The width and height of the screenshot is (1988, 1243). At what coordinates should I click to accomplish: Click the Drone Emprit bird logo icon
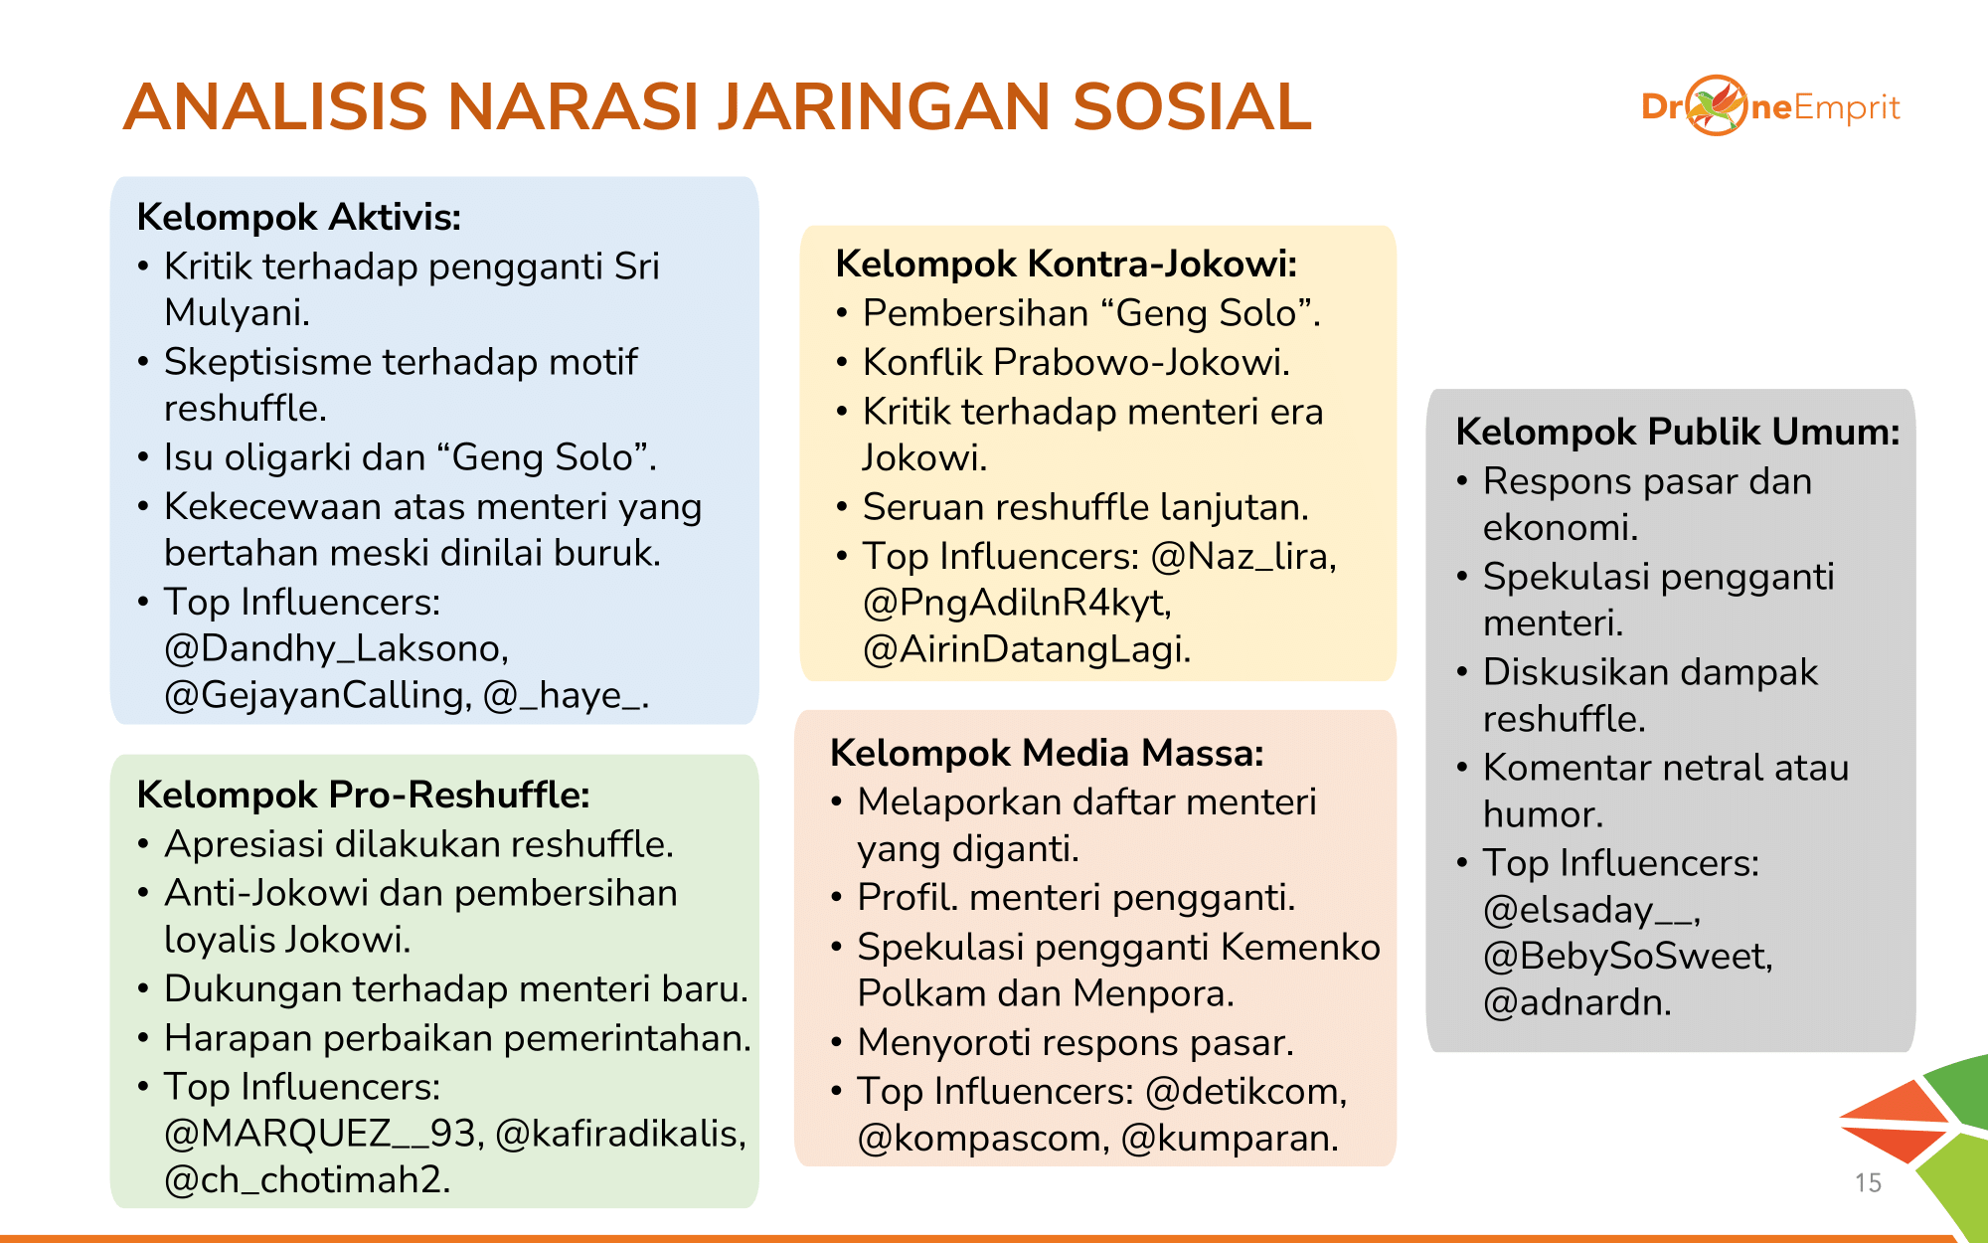1717,105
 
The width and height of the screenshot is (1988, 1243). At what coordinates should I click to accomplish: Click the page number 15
1868,1182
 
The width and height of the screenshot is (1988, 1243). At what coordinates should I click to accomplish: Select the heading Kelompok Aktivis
299,217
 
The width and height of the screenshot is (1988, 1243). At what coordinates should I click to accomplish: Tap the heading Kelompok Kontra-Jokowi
1067,265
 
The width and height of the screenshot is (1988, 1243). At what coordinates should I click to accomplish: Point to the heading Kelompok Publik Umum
1678,432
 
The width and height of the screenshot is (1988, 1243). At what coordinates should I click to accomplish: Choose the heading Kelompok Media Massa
1047,753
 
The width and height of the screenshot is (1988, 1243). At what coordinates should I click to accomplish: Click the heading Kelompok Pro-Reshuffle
364,796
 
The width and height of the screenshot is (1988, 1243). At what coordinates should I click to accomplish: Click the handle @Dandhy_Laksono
336,648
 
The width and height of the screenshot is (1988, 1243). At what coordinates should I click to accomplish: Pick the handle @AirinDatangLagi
1026,649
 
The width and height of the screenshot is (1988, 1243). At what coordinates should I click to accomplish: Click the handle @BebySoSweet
1627,956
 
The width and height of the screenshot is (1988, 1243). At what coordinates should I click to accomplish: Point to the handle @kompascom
983,1138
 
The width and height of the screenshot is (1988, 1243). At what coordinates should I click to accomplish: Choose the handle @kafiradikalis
620,1134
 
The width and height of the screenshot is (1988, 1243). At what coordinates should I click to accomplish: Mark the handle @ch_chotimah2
307,1179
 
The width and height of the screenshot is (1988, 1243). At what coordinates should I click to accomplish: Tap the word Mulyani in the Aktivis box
237,313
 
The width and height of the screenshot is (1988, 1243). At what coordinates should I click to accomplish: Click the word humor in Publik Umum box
1543,814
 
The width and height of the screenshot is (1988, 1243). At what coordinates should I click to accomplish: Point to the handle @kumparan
1229,1138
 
